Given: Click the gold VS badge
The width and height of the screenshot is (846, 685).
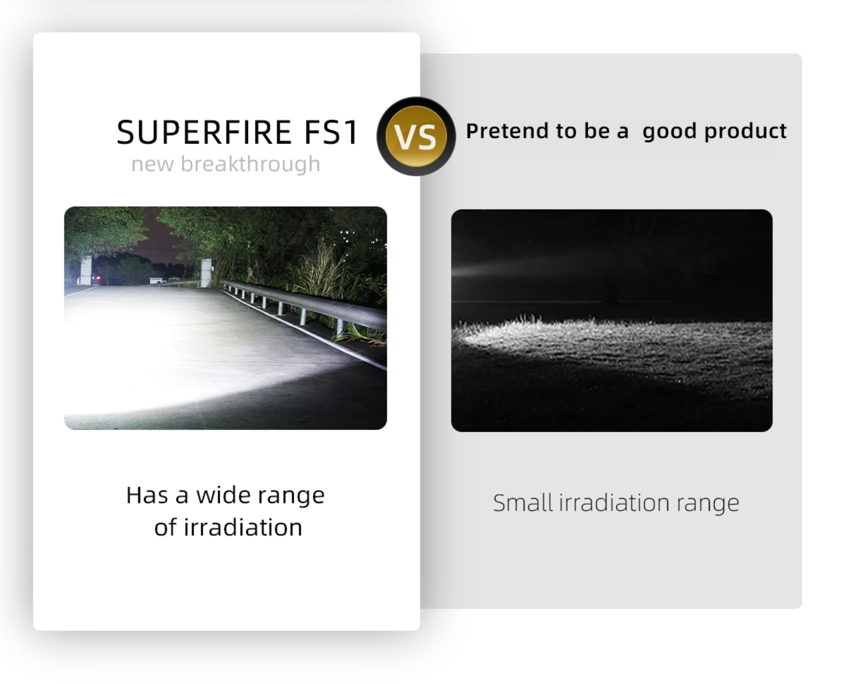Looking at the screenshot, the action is (416, 137).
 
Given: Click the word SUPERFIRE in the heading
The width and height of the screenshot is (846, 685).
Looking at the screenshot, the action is (204, 132).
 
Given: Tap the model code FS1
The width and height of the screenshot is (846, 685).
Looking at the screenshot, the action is (331, 132).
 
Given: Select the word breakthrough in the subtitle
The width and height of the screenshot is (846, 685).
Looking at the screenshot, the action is (250, 164).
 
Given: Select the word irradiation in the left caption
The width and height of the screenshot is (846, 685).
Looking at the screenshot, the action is (243, 527).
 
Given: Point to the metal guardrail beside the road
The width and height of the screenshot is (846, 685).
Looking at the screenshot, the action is (304, 304).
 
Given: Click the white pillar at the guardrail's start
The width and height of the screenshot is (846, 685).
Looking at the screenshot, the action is (206, 273).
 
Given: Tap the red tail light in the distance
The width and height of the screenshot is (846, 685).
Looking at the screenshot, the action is (98, 278).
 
